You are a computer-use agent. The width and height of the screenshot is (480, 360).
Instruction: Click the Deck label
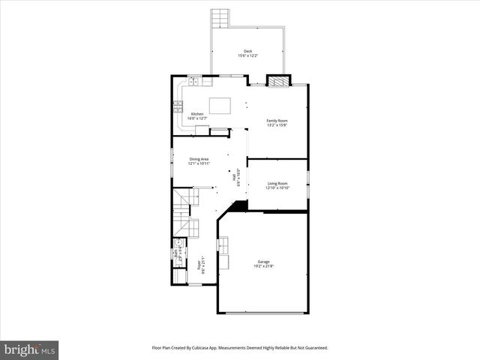pyautogui.click(x=247, y=51)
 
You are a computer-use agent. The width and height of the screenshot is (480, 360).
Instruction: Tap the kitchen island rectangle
pyautogui.click(x=220, y=106)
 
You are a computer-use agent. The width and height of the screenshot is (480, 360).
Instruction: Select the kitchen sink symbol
pyautogui.click(x=194, y=80)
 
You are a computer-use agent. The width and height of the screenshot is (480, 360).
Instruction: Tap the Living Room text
pyautogui.click(x=277, y=183)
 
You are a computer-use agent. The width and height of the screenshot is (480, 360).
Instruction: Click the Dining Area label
pyautogui.click(x=199, y=158)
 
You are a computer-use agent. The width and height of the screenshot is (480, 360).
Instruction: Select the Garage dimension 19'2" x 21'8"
pyautogui.click(x=264, y=266)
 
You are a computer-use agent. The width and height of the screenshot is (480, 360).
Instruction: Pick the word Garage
pyautogui.click(x=264, y=262)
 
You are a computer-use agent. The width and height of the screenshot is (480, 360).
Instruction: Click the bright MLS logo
pyautogui.click(x=30, y=349)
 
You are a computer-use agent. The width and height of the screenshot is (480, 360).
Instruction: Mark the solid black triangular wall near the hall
pyautogui.click(x=240, y=205)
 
